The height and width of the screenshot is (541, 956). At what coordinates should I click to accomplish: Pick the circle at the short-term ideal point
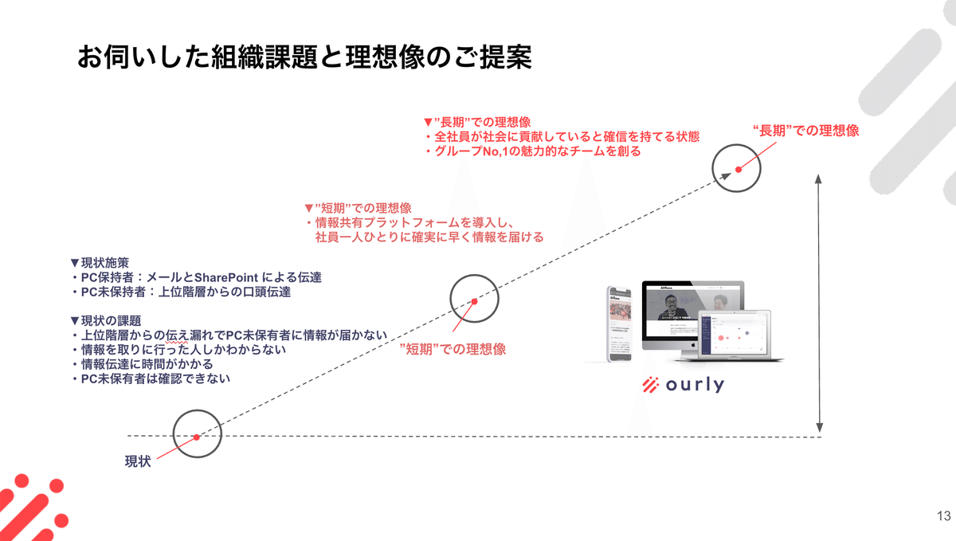[474, 300]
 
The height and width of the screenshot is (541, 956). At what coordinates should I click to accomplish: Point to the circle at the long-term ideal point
[738, 169]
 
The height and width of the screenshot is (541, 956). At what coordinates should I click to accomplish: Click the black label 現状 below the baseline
[137, 461]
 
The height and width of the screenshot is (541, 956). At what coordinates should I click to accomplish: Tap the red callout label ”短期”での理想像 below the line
[453, 349]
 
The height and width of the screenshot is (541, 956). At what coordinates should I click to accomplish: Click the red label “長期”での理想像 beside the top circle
[805, 131]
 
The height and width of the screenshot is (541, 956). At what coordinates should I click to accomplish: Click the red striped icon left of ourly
[652, 385]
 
